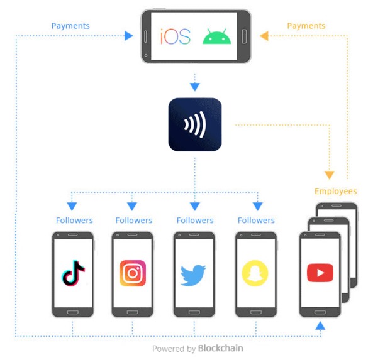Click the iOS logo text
[175, 36]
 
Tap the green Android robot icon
[217, 36]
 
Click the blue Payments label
[70, 26]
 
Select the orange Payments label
[306, 26]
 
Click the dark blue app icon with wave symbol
[195, 124]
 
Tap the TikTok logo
[73, 273]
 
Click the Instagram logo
[133, 273]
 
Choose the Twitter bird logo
[193, 275]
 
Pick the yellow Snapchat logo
[255, 273]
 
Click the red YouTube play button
[320, 273]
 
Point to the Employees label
[335, 192]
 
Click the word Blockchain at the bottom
[220, 348]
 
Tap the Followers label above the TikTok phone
[74, 221]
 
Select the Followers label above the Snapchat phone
[256, 221]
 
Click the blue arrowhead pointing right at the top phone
[128, 36]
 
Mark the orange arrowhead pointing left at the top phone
[264, 36]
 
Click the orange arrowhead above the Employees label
[330, 175]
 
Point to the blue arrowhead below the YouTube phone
[320, 325]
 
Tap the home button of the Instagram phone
[132, 312]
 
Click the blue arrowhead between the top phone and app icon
[195, 87]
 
